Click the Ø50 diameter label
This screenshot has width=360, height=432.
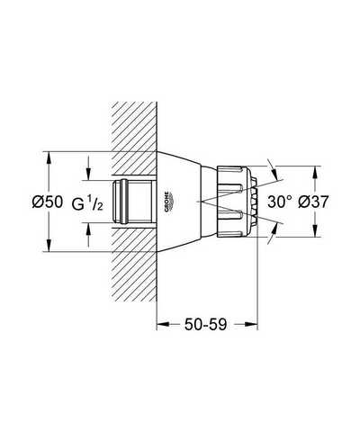pyautogui.click(x=48, y=202)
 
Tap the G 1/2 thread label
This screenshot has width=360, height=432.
pyautogui.click(x=87, y=203)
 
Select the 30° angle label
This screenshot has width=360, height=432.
pyautogui.click(x=280, y=202)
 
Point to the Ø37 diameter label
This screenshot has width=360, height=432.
pyautogui.click(x=313, y=202)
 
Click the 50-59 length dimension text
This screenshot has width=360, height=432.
pyautogui.click(x=205, y=324)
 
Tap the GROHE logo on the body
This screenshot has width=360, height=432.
pyautogui.click(x=169, y=202)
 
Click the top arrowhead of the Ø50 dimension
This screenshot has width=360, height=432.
pyautogui.click(x=49, y=158)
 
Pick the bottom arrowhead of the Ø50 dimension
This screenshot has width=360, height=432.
pyautogui.click(x=49, y=245)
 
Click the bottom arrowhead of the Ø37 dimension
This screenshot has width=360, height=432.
pyautogui.click(x=315, y=230)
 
